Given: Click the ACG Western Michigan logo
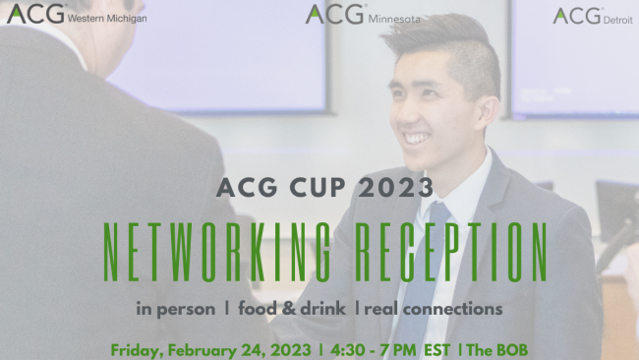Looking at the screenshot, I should [x=77, y=14].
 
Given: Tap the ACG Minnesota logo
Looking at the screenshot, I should [x=363, y=15].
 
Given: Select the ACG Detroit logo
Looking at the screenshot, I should [x=592, y=16].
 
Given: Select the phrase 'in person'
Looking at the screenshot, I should [x=176, y=309].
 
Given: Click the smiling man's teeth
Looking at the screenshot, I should [x=416, y=139].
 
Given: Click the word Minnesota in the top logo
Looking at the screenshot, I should [x=395, y=18].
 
